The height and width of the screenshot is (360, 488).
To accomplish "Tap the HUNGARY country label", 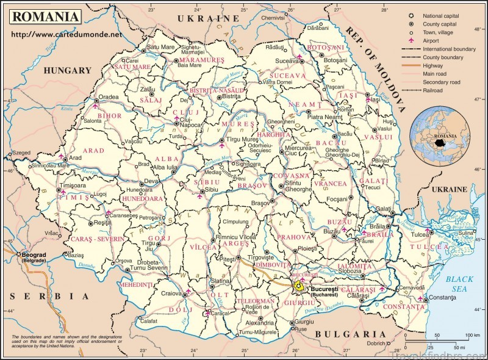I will (67, 71).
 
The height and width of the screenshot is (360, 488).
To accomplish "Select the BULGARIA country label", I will (351, 334).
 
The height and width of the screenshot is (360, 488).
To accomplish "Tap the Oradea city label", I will (109, 96).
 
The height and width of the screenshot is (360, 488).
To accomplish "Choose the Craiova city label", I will (172, 293).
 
